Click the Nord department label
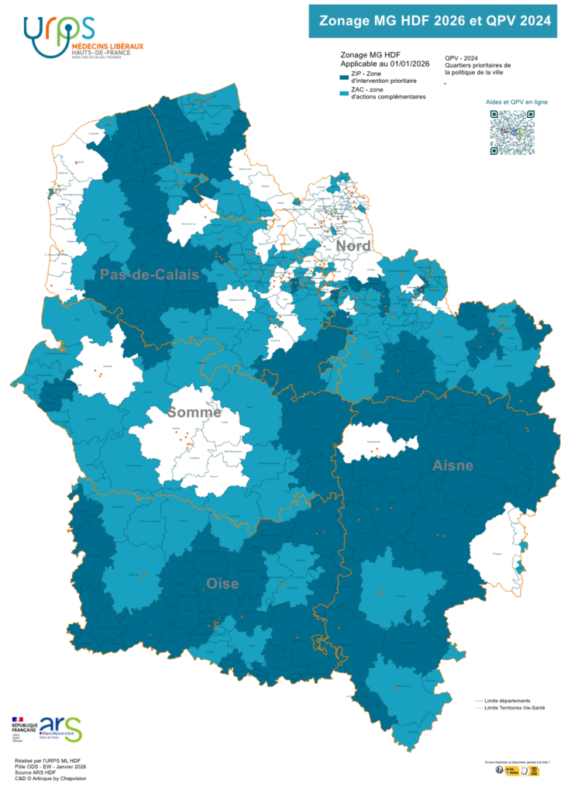pyautogui.click(x=352, y=246)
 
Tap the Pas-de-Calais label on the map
pyautogui.click(x=149, y=274)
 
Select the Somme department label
pyautogui.click(x=194, y=413)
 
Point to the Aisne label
pyautogui.click(x=453, y=465)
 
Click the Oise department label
pyautogui.click(x=222, y=583)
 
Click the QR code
pyautogui.click(x=512, y=133)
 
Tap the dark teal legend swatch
pyautogui.click(x=344, y=78)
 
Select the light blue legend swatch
pyautogui.click(x=344, y=94)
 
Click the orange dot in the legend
pyautogui.click(x=445, y=83)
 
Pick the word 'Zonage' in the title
pyautogui.click(x=345, y=22)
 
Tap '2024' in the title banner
pyautogui.click(x=535, y=22)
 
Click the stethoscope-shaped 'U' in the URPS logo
pyautogui.click(x=35, y=31)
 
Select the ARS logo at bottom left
pyautogui.click(x=60, y=728)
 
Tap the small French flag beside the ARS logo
pyautogui.click(x=18, y=720)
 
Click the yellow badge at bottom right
pyautogui.click(x=521, y=770)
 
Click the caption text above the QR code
pyautogui.click(x=512, y=102)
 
